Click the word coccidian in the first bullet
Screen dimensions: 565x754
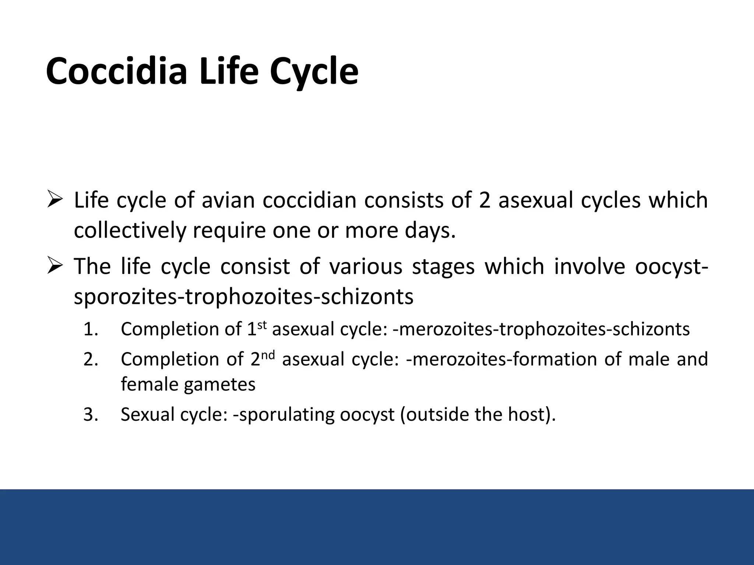(x=309, y=201)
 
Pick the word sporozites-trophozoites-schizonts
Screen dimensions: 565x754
(x=243, y=297)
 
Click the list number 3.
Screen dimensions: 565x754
(x=90, y=415)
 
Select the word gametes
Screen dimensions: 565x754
(x=219, y=385)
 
